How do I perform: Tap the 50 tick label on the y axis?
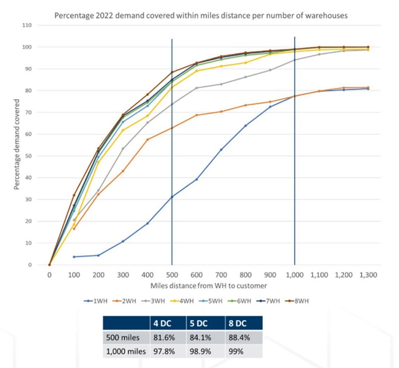coord(28,156)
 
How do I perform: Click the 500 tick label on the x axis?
coord(172,275)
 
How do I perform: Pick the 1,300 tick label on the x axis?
coord(368,275)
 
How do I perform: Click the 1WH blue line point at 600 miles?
coord(197,179)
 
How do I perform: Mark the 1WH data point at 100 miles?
coord(74,257)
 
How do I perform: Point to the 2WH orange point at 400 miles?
coord(147,139)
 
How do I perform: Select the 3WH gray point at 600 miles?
coord(197,88)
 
